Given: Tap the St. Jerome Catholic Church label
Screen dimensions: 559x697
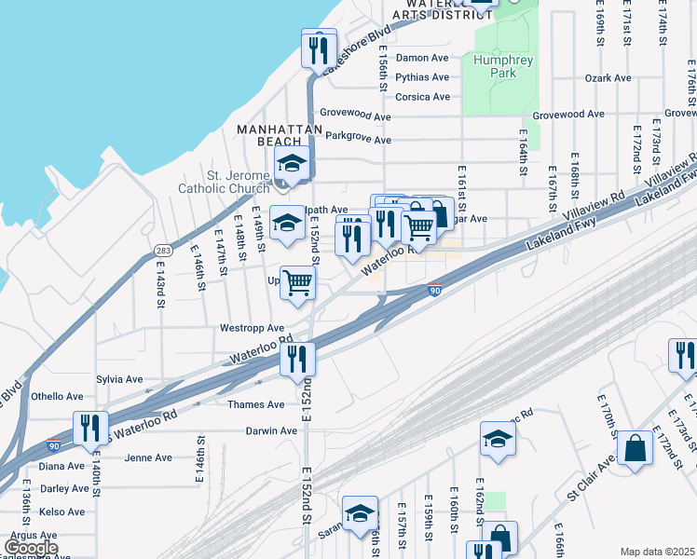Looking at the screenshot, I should [x=225, y=182].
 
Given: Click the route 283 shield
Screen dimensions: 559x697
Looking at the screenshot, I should [x=164, y=251].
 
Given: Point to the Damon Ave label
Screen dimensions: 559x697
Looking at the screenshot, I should [x=422, y=58].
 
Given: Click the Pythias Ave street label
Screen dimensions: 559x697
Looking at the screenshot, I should [x=422, y=77].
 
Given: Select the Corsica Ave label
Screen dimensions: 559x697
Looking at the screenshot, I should [x=422, y=97].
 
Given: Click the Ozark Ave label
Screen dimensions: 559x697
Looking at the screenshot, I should [x=608, y=78].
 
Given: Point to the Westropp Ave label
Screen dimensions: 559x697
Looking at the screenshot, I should [x=252, y=328].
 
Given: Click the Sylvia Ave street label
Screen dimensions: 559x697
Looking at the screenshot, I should [x=119, y=380].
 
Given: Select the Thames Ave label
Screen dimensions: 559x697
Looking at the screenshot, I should [x=256, y=404].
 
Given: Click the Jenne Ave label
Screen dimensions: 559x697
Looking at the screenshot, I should [x=149, y=457].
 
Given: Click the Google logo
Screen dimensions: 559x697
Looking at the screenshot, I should [x=31, y=548].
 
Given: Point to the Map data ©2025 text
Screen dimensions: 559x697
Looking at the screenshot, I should [x=657, y=552].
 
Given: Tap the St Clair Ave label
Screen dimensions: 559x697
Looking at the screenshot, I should [x=589, y=482].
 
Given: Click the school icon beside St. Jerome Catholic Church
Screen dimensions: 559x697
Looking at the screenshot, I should [x=292, y=166].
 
